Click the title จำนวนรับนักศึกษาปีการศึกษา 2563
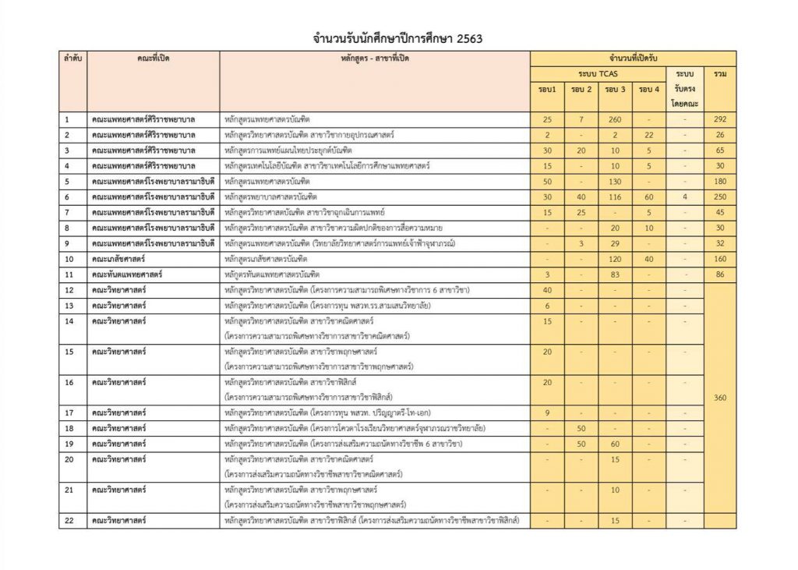point(399,37)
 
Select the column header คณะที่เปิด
point(152,58)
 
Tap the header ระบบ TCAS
point(598,73)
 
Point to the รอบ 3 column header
point(615,90)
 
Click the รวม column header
point(719,73)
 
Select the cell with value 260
point(615,119)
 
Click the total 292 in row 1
point(719,119)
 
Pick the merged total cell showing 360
point(719,398)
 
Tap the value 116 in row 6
point(615,196)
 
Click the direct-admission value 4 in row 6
point(684,196)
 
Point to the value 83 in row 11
point(615,274)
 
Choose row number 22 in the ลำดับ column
point(69,519)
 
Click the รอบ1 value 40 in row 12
point(547,289)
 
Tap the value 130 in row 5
point(615,181)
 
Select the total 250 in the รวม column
point(719,196)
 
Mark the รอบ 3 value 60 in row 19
point(615,443)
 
